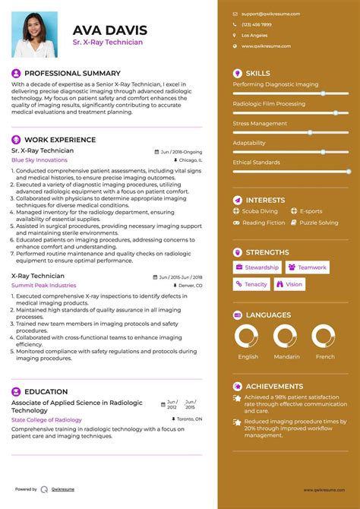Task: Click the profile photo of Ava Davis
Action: [x=34, y=34]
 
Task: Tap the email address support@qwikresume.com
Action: [x=270, y=14]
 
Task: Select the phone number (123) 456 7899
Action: [x=255, y=24]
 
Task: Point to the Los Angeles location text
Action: [x=254, y=35]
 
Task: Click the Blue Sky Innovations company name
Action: [x=39, y=160]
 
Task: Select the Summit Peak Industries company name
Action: [x=44, y=285]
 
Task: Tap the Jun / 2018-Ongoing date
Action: [x=182, y=151]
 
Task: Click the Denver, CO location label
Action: [x=188, y=285]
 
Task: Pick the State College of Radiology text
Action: [x=47, y=419]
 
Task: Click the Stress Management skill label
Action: [x=261, y=123]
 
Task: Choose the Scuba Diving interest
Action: [x=260, y=211]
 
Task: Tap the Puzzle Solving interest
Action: [x=319, y=223]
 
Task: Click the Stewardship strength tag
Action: [x=257, y=267]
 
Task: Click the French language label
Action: [x=324, y=356]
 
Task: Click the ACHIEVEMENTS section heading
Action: [x=274, y=386]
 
